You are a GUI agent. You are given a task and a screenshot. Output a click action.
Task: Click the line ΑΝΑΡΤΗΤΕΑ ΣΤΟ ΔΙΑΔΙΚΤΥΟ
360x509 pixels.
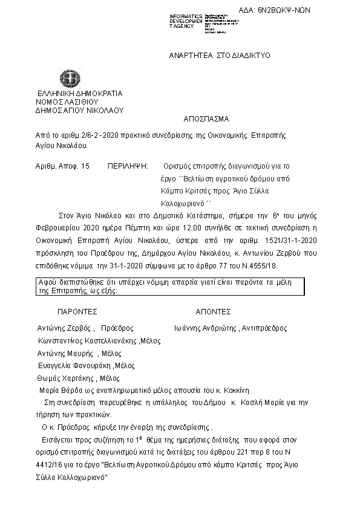218,55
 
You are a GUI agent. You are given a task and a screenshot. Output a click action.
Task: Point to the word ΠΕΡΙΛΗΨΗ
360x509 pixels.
128,165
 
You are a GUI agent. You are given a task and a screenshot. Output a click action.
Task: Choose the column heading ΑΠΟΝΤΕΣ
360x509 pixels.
213,312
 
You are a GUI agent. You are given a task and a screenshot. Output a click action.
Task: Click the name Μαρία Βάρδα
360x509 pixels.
57,390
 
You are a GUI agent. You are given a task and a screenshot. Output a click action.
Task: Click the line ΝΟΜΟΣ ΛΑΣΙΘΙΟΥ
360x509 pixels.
67,102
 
